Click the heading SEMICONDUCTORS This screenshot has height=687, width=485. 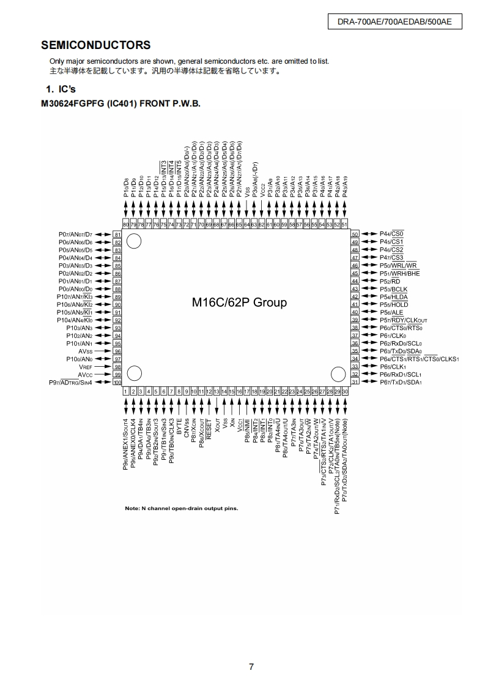95,45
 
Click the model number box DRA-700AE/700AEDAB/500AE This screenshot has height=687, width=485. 394,22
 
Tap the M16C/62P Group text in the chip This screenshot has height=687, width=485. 239,302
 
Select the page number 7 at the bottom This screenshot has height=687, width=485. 251,667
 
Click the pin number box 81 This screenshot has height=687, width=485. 117,235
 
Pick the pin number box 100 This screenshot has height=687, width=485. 117,382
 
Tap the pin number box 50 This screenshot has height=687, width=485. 354,234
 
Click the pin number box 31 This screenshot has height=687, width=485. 354,382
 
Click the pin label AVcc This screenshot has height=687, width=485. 84,374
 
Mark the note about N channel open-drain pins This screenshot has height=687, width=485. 182,508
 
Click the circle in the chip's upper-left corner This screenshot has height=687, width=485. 134,241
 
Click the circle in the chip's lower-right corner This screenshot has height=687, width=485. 338,374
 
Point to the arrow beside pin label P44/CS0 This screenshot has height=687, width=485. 369,234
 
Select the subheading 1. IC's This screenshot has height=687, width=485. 61,89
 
